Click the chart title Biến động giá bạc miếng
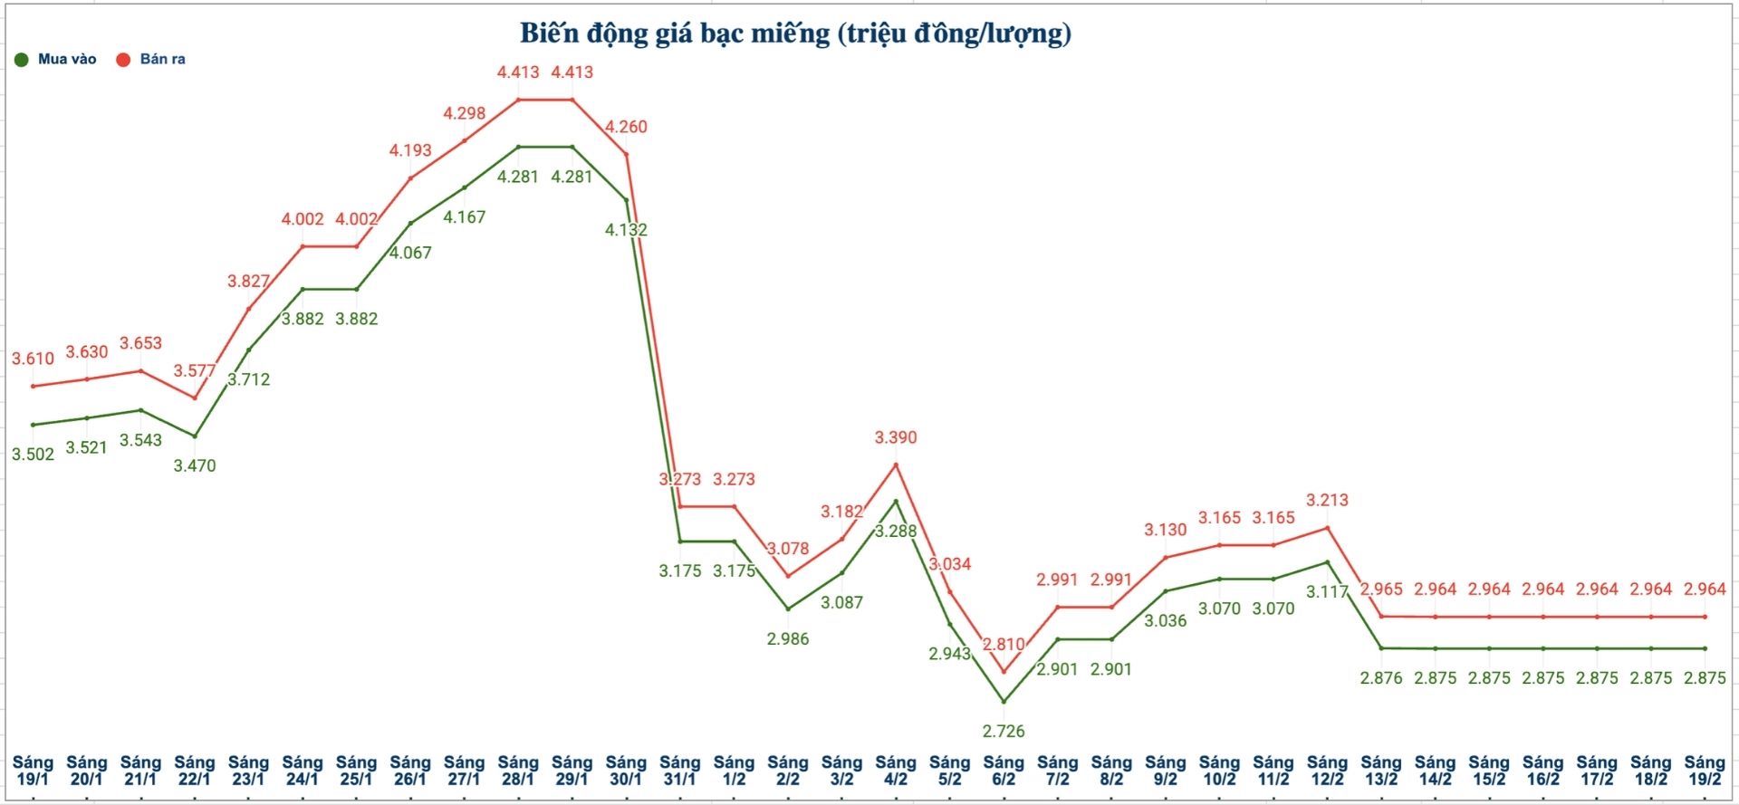795,34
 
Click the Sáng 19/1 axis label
33,771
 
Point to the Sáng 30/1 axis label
626,771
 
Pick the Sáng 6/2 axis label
1004,771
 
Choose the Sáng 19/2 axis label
1705,771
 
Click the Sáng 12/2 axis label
1327,771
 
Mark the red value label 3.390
896,437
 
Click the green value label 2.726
1004,731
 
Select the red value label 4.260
626,127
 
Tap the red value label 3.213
1327,500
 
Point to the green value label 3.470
195,465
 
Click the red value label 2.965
1381,589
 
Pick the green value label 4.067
410,253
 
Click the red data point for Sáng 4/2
896,465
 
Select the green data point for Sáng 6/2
1004,702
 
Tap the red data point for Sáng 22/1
195,398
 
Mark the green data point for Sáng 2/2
788,609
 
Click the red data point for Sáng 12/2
1327,528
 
